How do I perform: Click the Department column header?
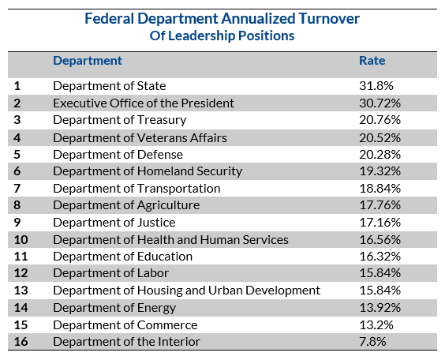click(88, 61)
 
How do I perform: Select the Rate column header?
click(372, 61)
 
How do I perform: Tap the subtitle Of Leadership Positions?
click(222, 36)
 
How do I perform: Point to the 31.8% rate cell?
click(376, 86)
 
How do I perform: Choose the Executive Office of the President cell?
click(144, 103)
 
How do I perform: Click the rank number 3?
click(17, 120)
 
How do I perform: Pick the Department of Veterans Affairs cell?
click(140, 138)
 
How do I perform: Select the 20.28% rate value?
click(380, 155)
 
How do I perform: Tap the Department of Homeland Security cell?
click(148, 171)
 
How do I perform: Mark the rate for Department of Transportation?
click(380, 189)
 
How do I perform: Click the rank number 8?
click(17, 205)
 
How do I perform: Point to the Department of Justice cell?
click(114, 223)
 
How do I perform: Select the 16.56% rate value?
click(380, 240)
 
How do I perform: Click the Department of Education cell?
click(122, 257)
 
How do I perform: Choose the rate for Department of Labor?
click(380, 273)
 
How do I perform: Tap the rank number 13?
click(21, 291)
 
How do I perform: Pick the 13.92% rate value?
click(380, 307)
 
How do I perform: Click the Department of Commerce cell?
click(125, 325)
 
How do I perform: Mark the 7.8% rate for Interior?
click(372, 342)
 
